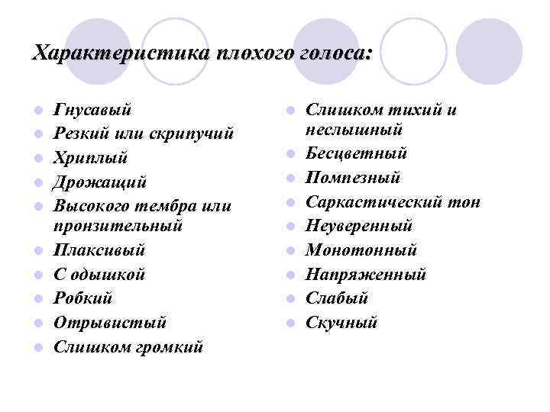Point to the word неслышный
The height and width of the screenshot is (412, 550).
point(354,128)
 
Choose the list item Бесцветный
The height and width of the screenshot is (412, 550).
point(356,153)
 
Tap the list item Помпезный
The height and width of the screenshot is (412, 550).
point(353,178)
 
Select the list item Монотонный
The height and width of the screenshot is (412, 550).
point(361,249)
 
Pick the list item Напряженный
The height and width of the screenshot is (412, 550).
point(366,274)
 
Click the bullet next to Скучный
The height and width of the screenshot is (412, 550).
point(290,323)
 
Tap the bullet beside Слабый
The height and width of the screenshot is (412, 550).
point(290,298)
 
